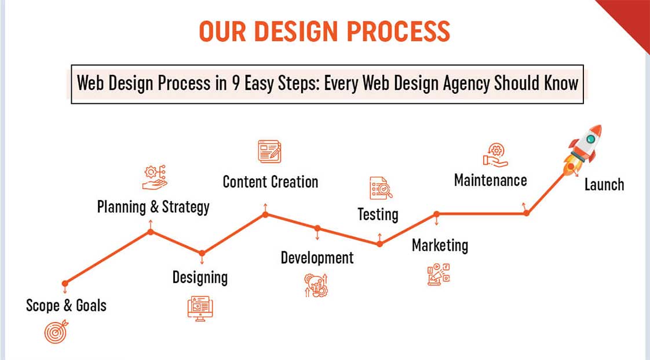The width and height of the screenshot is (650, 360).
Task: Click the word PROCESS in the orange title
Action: tap(399, 31)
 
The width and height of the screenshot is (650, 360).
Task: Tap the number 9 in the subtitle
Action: tap(236, 83)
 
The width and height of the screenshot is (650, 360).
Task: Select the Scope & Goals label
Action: tap(66, 306)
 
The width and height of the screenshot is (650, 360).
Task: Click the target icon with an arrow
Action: tap(56, 332)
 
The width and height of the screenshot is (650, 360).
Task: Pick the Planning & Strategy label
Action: tap(154, 207)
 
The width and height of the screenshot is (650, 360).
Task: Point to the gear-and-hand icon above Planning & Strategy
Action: tap(155, 177)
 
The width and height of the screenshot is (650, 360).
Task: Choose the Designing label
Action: tap(200, 278)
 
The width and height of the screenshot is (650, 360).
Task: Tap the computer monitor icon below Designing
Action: tap(200, 308)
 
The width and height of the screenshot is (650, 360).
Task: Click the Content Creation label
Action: tap(271, 181)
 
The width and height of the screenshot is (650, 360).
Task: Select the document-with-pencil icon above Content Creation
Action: tap(269, 151)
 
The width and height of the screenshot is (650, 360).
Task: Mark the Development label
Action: tap(317, 257)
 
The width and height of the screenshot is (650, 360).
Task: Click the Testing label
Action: tap(378, 214)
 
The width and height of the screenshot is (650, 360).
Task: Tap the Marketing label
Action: tap(440, 245)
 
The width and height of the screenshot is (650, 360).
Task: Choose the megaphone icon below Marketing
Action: tap(439, 274)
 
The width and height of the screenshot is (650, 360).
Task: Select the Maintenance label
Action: tap(491, 180)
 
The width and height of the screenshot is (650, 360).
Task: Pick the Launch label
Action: tap(604, 184)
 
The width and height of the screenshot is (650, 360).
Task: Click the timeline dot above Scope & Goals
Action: tap(65, 283)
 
